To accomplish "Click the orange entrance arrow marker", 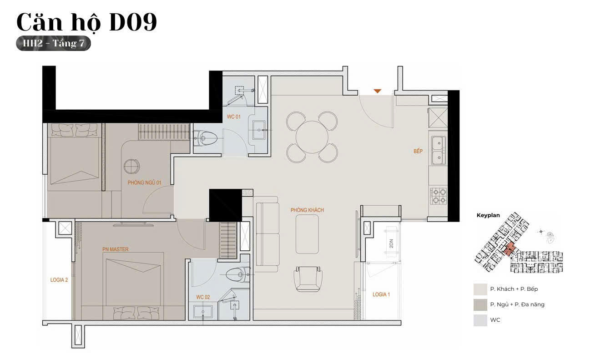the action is point(378,91).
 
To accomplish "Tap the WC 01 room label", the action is point(233,117).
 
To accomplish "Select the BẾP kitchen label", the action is point(418,151).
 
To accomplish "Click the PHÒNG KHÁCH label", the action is point(307,210).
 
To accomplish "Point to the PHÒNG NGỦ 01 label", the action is point(144,183).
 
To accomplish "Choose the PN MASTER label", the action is point(115,249).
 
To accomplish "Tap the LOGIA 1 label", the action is point(381,294).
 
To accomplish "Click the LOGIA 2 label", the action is point(59,279).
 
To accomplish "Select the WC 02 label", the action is point(203,297).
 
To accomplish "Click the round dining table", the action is point(312,137).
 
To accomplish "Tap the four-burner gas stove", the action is point(438,196).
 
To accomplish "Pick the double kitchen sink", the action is point(438,150).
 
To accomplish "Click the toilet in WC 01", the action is point(205,138).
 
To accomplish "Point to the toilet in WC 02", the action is point(237,275).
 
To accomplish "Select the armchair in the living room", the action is point(308,279).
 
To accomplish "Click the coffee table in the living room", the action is point(307,234).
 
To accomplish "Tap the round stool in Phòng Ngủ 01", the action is point(132,166).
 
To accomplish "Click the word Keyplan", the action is point(488,215).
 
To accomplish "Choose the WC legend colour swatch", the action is point(480,320).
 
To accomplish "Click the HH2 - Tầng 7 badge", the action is point(53,43).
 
